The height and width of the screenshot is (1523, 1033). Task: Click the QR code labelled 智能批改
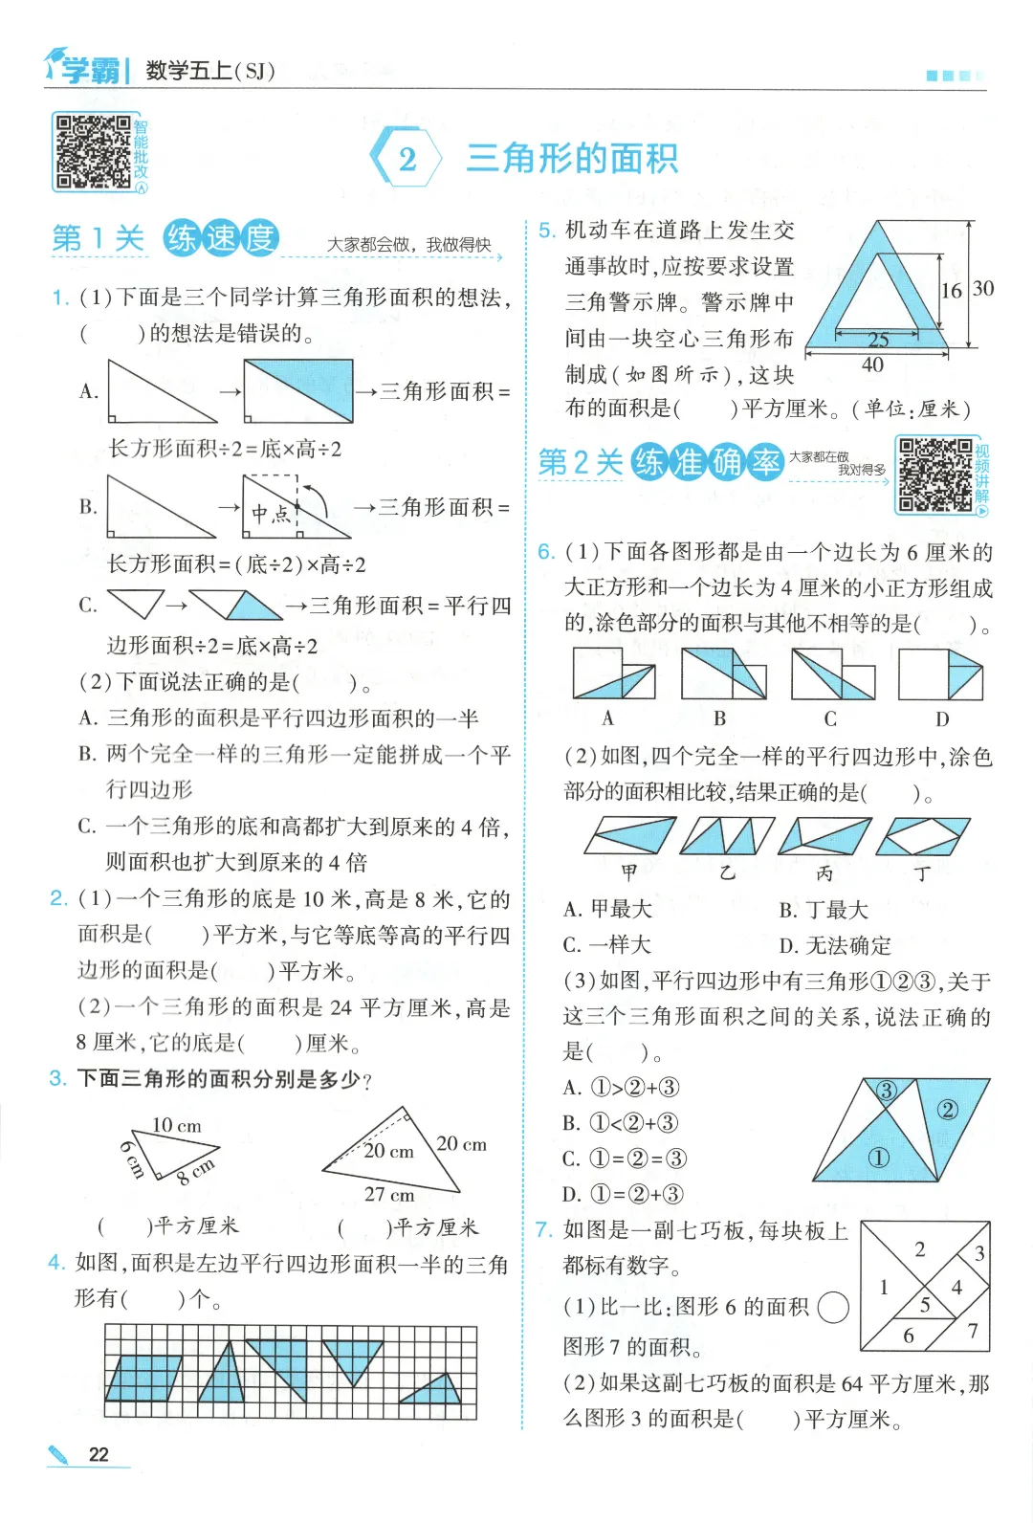[x=94, y=151]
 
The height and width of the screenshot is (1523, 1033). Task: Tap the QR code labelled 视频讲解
[x=935, y=475]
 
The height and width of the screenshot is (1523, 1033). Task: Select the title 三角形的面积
[x=572, y=159]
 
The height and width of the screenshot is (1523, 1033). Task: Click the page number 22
[x=99, y=1454]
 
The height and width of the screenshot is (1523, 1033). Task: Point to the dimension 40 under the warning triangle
[x=872, y=365]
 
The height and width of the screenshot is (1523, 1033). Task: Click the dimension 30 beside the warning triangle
[x=983, y=288]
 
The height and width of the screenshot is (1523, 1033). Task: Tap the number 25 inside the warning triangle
[x=878, y=339]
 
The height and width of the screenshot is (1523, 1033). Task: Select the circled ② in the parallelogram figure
[x=947, y=1111]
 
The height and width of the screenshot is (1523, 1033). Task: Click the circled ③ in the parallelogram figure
[x=887, y=1091]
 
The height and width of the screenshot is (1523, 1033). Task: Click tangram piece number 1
[x=884, y=1287]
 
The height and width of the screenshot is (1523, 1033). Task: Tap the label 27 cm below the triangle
[x=389, y=1194]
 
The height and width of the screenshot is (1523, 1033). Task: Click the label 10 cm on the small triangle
[x=177, y=1125]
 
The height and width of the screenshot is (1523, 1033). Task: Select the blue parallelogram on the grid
[x=144, y=1379]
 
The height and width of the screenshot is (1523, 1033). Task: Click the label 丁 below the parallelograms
[x=922, y=873]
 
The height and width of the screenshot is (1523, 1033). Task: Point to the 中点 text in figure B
[x=272, y=514]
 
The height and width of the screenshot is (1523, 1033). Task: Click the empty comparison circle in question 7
[x=833, y=1308]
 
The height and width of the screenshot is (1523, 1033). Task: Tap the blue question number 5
[x=547, y=231]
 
